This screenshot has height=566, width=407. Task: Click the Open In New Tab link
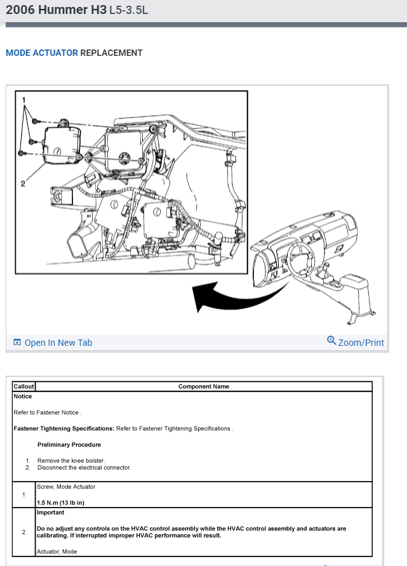[58, 343]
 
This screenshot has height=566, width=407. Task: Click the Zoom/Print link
[361, 343]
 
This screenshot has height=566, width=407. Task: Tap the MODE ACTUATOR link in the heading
[42, 53]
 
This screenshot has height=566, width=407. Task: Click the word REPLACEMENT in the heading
[111, 53]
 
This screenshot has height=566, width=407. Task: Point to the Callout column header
[24, 386]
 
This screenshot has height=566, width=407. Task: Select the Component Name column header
[204, 386]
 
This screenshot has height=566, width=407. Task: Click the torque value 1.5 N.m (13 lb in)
[61, 503]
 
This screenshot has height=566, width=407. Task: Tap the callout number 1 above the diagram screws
[24, 100]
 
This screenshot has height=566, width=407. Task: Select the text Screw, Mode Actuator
[66, 487]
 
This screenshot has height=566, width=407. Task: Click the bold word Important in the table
[51, 512]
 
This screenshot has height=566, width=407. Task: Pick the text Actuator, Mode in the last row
[57, 551]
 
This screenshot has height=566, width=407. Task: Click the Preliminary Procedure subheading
[69, 445]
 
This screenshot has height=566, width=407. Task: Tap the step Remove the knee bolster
[71, 461]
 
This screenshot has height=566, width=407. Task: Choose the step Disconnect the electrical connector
[84, 468]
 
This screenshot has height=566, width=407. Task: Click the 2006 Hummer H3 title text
[56, 11]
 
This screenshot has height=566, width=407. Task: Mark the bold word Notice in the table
[23, 397]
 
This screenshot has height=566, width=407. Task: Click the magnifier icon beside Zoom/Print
[331, 340]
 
